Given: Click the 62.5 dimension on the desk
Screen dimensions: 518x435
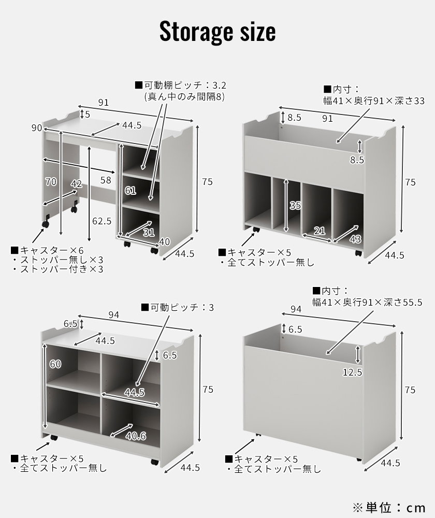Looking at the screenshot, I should (102, 221).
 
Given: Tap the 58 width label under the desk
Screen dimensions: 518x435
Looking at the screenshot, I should (106, 180).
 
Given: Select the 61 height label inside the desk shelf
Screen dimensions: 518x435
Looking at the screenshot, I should (130, 191).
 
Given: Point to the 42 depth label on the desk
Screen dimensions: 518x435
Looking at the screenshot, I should (77, 184).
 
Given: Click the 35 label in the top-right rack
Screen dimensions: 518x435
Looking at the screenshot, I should (295, 206).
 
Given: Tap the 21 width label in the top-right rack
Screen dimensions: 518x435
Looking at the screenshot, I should (320, 231).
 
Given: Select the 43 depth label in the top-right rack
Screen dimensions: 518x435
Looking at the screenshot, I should (355, 239).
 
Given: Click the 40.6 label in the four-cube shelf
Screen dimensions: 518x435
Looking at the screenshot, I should (135, 436).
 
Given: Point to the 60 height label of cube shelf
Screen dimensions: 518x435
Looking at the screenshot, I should (55, 364).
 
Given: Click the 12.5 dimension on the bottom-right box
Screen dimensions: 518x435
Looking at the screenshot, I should (352, 372).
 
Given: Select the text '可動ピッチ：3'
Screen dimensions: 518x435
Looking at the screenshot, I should (177, 307).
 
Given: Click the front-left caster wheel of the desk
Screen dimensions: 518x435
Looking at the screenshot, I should (46, 224).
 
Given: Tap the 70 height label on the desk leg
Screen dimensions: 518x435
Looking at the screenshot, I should (51, 181).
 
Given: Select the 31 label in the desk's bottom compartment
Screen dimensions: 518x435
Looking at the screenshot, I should (149, 232).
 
